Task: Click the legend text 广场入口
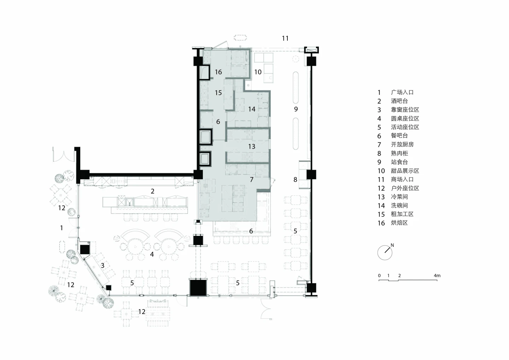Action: [402, 92]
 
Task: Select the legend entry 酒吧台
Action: [399, 101]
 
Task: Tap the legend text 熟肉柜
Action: [399, 153]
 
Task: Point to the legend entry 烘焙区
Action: [399, 223]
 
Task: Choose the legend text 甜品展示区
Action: [405, 171]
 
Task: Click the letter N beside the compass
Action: [392, 245]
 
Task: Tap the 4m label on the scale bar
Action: [437, 275]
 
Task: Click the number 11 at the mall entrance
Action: [285, 38]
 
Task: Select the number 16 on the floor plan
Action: [218, 72]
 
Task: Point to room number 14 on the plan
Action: [252, 109]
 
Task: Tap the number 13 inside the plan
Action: [252, 146]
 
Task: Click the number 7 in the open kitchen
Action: [252, 180]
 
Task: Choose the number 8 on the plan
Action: [295, 180]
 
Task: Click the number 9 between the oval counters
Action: [296, 109]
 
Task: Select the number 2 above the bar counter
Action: [152, 191]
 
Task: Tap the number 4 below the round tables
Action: [152, 254]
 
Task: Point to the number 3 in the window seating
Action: [103, 265]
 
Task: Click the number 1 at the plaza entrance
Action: [62, 228]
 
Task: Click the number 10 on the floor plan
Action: [258, 72]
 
